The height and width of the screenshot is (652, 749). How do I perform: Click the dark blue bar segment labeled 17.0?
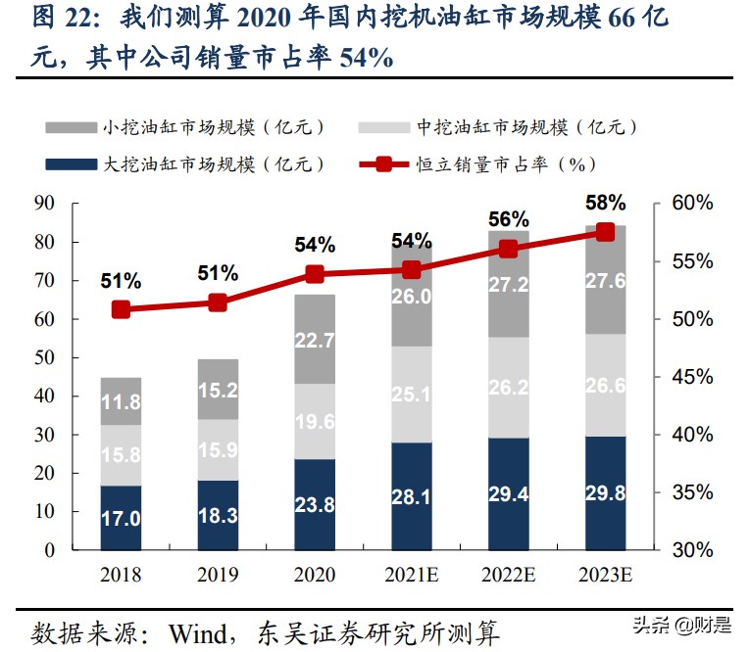click(121, 518)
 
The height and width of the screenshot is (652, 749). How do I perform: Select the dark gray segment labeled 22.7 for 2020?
click(315, 339)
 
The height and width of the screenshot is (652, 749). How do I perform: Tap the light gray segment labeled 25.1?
click(411, 395)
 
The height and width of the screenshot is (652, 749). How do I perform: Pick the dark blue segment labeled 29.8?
click(605, 493)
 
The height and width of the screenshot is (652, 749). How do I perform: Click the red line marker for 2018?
click(121, 309)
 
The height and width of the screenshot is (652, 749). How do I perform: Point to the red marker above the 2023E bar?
click(605, 232)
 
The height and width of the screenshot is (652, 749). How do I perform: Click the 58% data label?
click(605, 204)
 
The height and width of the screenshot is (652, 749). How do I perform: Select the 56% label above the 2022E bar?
click(508, 219)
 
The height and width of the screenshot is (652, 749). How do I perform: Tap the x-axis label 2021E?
click(411, 575)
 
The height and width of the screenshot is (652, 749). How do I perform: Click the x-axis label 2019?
click(218, 575)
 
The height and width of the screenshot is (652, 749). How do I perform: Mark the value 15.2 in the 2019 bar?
click(218, 390)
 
